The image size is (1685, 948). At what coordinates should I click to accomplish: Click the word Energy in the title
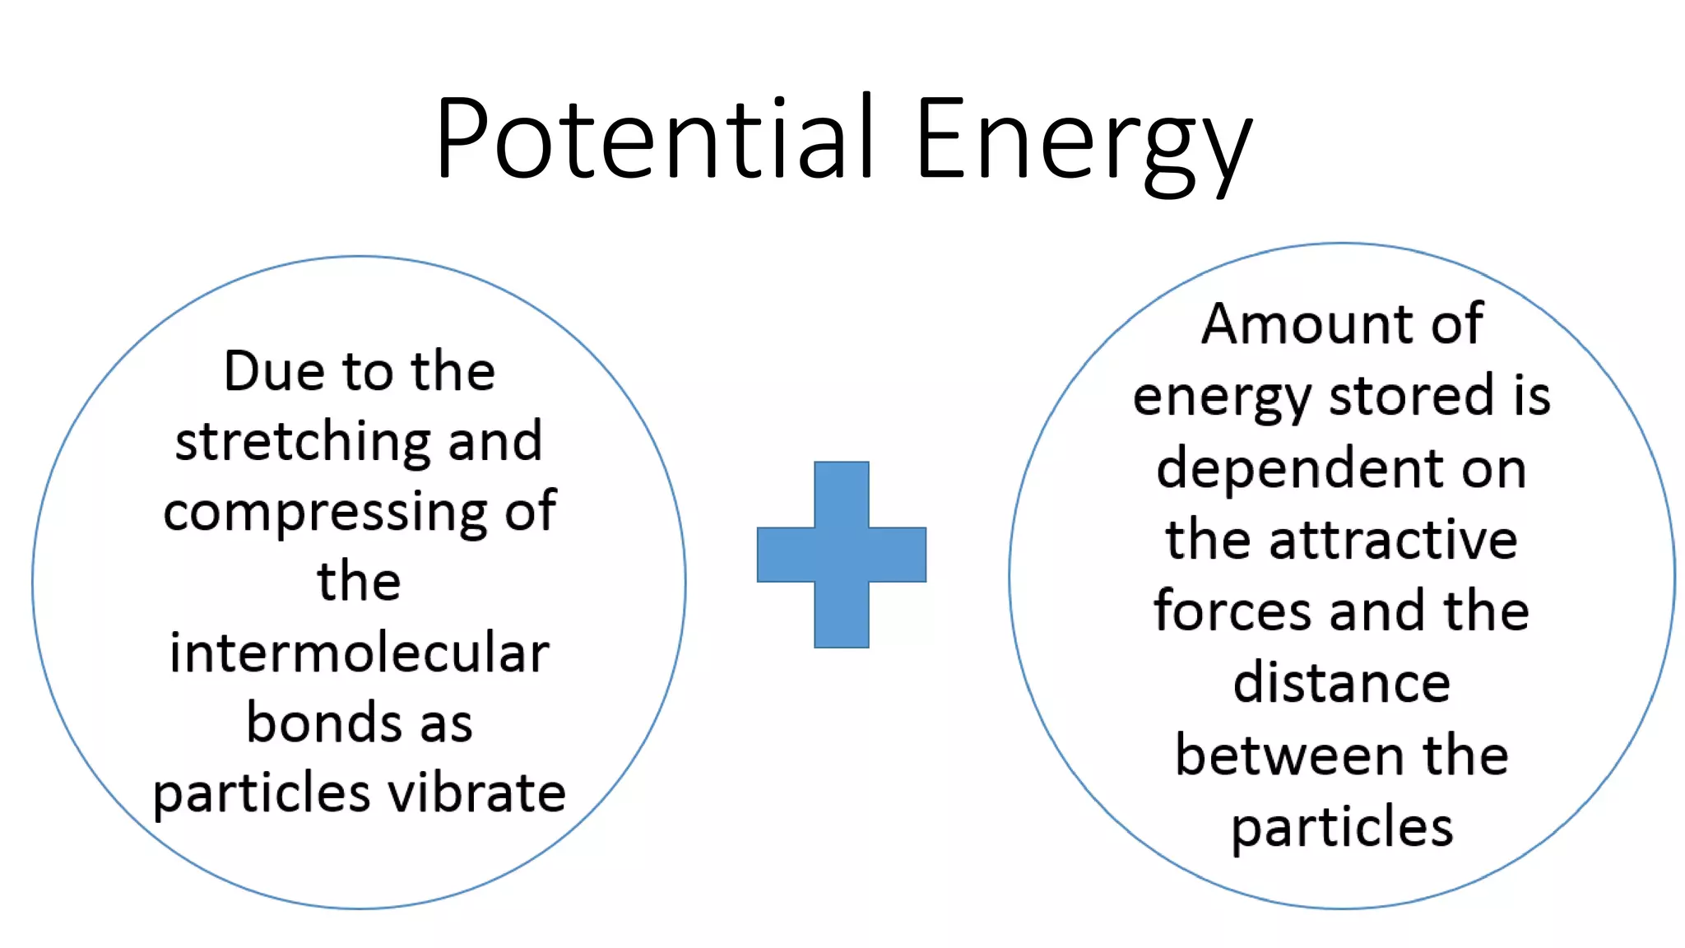(1083, 142)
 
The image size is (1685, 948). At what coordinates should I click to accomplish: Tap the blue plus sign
(841, 555)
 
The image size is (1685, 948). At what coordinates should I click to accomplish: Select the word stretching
(303, 443)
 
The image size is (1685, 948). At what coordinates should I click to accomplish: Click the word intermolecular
(360, 653)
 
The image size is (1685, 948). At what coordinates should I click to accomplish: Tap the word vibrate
(477, 793)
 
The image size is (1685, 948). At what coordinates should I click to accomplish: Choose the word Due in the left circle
(275, 371)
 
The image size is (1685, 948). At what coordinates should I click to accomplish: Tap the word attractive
(1393, 540)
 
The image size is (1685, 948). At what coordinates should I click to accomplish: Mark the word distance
(1341, 683)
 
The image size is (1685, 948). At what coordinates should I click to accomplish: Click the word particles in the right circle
(1342, 828)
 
